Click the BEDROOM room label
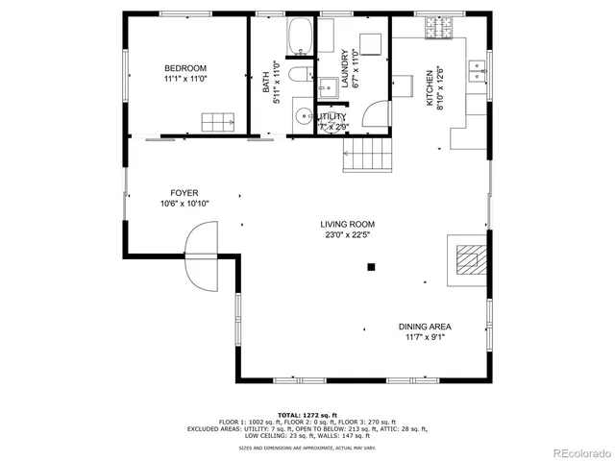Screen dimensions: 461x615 (x=185, y=68)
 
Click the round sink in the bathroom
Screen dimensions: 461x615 (x=303, y=118)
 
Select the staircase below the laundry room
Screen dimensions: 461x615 (x=370, y=154)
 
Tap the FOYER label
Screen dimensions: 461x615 (x=184, y=193)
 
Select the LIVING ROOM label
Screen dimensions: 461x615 (x=347, y=225)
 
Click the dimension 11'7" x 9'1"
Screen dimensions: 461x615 (x=422, y=337)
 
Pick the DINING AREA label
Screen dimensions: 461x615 (x=422, y=327)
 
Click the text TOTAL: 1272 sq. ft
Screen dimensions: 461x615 (x=307, y=414)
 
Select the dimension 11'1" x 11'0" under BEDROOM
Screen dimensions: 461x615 (x=185, y=79)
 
